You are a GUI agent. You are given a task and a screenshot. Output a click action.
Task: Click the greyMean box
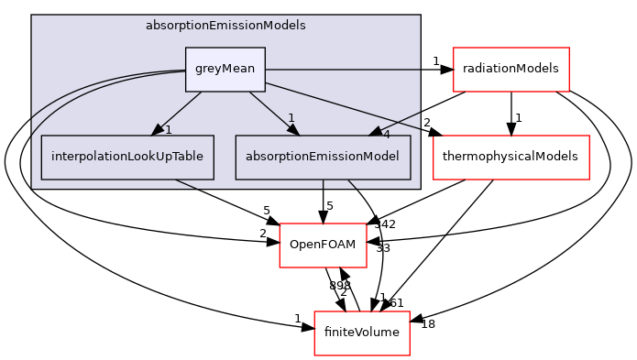click(225, 70)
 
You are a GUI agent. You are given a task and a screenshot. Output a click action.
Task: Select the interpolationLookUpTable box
click(127, 158)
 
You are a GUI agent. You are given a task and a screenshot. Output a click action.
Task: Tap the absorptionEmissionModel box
click(323, 158)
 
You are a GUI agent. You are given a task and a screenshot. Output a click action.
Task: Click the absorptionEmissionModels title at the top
click(225, 26)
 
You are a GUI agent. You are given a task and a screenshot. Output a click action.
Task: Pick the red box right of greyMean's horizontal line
click(511, 70)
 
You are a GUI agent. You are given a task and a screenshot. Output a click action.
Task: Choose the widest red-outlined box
click(511, 158)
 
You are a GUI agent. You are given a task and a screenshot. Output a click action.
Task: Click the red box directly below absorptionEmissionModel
click(323, 245)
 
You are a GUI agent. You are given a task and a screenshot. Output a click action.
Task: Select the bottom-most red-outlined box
click(361, 333)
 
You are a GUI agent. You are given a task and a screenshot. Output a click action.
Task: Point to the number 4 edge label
click(386, 135)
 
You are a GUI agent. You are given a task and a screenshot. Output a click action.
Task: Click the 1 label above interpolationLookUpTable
click(169, 130)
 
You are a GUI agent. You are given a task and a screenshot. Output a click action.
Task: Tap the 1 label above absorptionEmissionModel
click(291, 118)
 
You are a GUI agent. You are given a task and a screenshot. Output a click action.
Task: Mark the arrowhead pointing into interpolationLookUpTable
click(158, 130)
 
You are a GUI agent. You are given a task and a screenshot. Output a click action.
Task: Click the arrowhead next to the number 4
click(374, 132)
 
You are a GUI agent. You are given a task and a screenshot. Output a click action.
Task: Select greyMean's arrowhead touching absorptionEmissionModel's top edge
click(292, 130)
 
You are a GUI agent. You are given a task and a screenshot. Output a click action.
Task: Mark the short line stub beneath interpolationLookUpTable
click(186, 184)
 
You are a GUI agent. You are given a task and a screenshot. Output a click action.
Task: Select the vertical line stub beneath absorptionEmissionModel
click(323, 184)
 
